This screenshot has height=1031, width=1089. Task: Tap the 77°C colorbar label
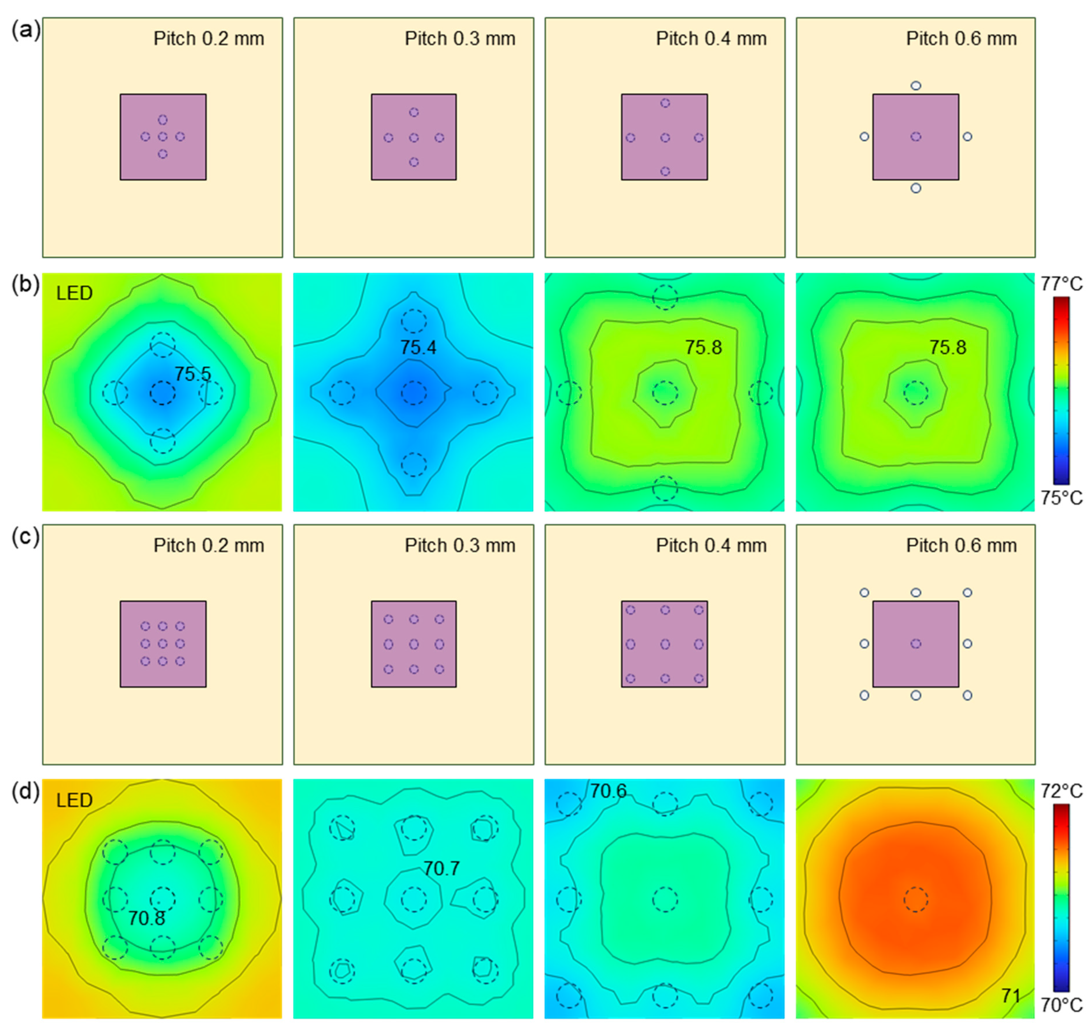click(1061, 284)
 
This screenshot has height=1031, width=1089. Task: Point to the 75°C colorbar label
click(1061, 498)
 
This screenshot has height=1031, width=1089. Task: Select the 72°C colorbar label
click(1061, 791)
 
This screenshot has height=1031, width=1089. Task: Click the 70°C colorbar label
click(1061, 1005)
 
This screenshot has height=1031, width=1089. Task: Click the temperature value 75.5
click(192, 374)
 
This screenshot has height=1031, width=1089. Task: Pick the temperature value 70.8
click(146, 918)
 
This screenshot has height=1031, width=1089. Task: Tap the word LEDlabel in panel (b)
click(74, 293)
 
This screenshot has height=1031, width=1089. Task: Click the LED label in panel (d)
click(74, 800)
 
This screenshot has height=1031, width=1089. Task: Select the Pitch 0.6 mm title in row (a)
click(962, 39)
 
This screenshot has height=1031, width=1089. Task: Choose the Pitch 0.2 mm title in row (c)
click(209, 545)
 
